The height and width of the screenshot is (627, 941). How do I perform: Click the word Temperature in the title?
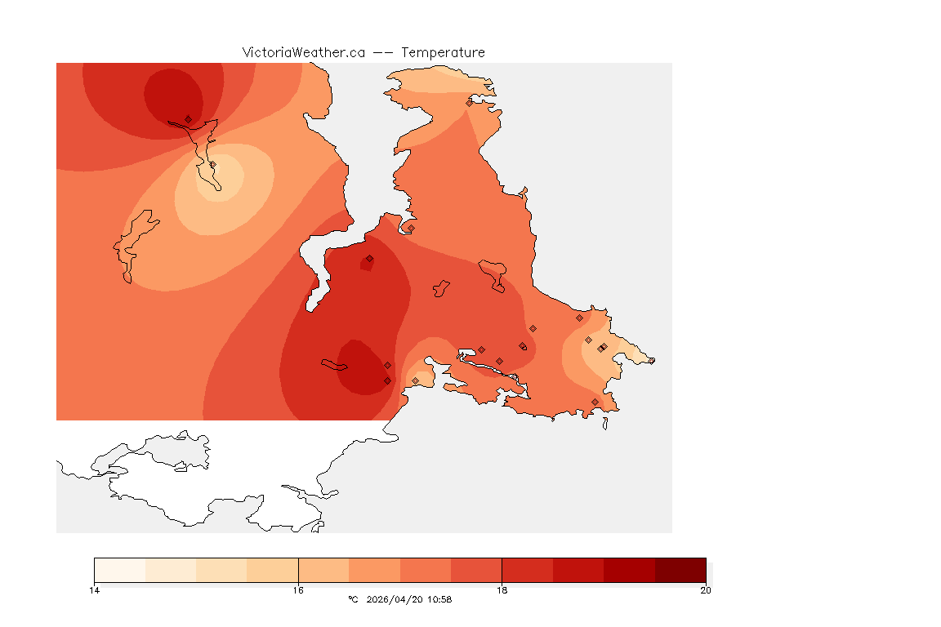tap(443, 52)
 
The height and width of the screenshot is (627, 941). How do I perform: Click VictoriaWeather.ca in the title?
tap(303, 52)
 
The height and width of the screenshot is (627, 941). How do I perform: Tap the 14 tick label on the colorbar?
tap(95, 590)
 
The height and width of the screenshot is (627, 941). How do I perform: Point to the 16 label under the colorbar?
tap(298, 590)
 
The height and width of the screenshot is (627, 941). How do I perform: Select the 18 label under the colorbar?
tap(502, 590)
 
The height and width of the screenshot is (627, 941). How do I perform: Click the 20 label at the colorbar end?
tap(705, 590)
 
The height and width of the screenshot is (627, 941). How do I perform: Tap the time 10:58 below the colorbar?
tap(439, 599)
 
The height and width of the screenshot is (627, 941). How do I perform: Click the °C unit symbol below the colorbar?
tap(353, 599)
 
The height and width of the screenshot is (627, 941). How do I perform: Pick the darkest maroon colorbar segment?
tap(680, 570)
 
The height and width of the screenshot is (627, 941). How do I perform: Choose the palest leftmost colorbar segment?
tap(120, 570)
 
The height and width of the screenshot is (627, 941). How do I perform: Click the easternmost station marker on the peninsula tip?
tap(651, 361)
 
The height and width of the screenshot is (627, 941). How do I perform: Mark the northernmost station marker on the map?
tap(469, 103)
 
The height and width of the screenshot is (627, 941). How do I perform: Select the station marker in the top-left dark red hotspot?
tap(188, 119)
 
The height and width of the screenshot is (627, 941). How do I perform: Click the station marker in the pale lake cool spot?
tap(212, 165)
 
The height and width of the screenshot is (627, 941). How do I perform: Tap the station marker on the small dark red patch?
tap(369, 259)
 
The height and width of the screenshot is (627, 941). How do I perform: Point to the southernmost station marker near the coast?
tap(595, 402)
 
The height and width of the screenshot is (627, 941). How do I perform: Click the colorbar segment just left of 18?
tap(476, 570)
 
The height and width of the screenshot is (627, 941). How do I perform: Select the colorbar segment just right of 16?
tap(323, 570)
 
